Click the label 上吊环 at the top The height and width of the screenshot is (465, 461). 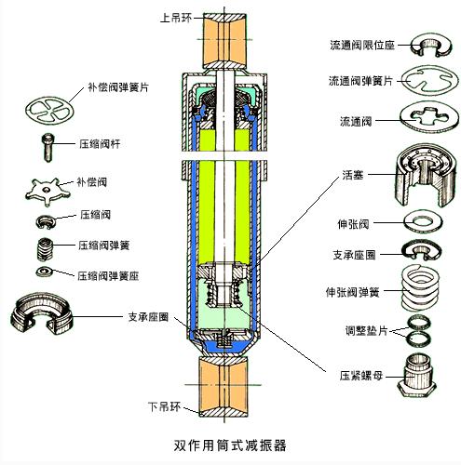tap(178, 15)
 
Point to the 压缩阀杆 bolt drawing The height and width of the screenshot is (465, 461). tap(47, 142)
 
